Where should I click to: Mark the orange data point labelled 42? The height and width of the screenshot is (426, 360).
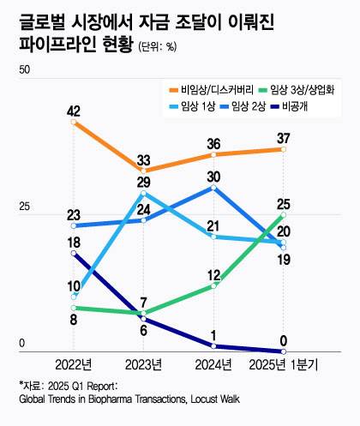click(x=74, y=123)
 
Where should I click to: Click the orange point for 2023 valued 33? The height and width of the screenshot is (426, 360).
click(x=144, y=171)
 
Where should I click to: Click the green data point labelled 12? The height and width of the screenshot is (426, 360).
click(x=213, y=285)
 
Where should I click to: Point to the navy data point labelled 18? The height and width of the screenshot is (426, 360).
click(x=74, y=253)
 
